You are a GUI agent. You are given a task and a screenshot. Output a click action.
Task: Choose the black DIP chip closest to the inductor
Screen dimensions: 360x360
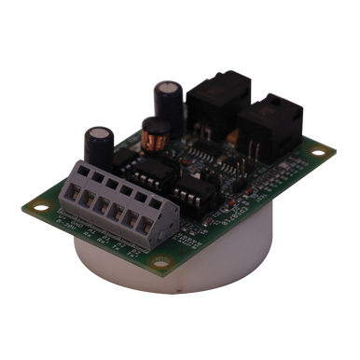[148, 172]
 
